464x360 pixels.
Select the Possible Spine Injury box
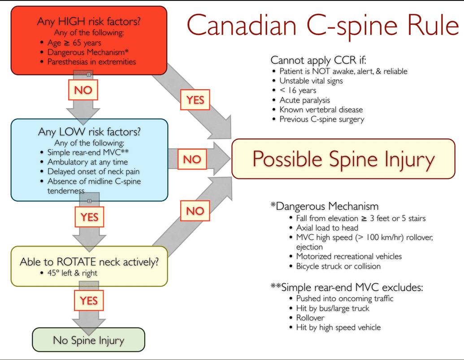coord(343,159)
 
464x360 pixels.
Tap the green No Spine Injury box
coord(89,340)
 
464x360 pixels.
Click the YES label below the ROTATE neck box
coord(89,300)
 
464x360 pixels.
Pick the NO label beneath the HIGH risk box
coord(83,90)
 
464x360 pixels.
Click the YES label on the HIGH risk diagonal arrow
coord(195,100)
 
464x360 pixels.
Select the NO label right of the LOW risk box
coord(192,160)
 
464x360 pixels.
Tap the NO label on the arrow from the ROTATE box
coord(195,211)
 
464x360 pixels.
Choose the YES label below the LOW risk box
coord(89,217)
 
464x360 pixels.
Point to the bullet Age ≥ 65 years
coord(74,43)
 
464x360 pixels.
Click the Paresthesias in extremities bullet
coord(91,62)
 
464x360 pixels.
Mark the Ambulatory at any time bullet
coord(87,162)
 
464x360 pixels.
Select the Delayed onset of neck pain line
coord(93,172)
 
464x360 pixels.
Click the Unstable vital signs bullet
coord(311,81)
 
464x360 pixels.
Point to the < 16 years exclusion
coord(298,91)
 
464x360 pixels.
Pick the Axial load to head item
coord(327,228)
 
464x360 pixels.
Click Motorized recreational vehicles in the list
coord(349,256)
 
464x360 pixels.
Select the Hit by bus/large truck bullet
coord(333,308)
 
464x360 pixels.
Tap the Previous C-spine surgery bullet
coord(322,119)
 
